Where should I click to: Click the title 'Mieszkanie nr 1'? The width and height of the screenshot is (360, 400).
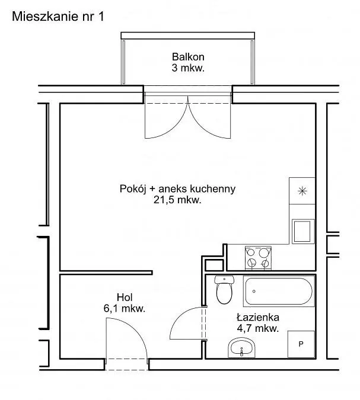(58, 17)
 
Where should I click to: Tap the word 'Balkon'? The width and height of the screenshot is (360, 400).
(188, 57)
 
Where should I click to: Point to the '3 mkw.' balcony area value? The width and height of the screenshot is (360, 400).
(188, 68)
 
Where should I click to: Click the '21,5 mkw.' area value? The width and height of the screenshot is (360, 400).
(177, 200)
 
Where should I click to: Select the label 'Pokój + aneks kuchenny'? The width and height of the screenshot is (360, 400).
(177, 189)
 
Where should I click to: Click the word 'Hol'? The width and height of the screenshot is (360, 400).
(125, 297)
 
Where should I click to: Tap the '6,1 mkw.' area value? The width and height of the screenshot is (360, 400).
(125, 308)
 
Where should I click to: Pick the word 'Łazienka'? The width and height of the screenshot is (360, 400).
(258, 318)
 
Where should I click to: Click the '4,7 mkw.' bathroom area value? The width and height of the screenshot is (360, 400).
(258, 328)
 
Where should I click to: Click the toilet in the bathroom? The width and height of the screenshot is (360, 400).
(224, 290)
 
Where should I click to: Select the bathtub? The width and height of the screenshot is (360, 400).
(279, 291)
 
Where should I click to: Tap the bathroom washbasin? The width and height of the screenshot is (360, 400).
(241, 348)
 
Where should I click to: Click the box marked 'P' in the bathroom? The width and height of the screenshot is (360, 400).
(301, 344)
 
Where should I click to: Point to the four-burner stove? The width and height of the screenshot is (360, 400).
(258, 258)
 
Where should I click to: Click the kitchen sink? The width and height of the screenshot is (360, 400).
(303, 231)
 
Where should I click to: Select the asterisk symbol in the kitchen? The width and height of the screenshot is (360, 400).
(302, 191)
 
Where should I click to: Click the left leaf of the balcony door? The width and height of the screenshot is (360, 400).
(166, 117)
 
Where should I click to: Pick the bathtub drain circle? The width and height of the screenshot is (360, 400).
(254, 291)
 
